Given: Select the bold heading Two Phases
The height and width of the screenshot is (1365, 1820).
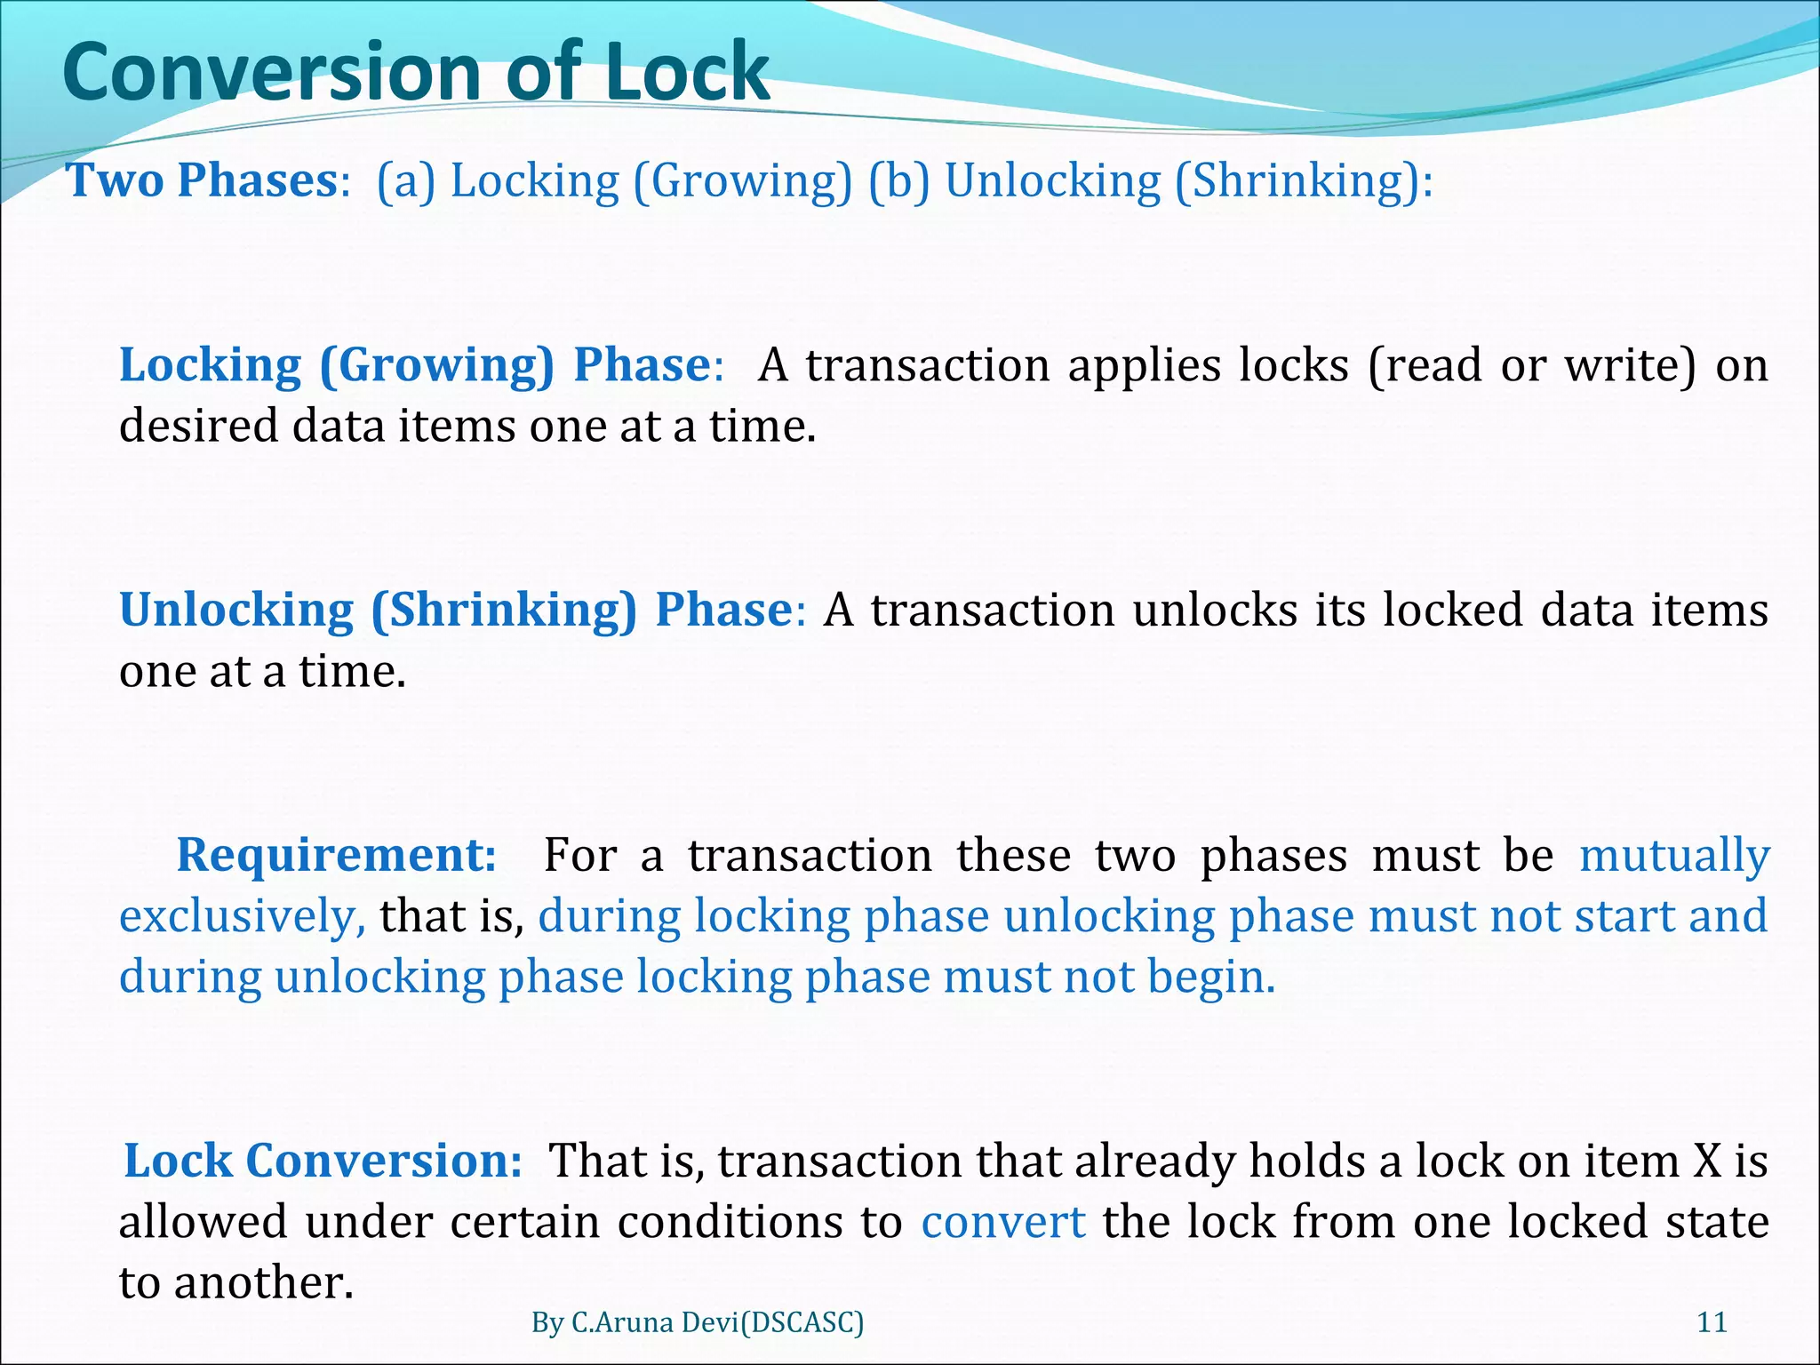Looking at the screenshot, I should click(x=203, y=180).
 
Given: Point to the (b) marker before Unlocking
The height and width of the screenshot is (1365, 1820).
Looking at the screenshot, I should click(x=898, y=181).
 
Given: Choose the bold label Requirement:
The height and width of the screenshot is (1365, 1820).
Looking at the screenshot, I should click(x=337, y=856).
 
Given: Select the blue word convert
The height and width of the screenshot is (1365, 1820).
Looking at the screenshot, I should click(x=1002, y=1223).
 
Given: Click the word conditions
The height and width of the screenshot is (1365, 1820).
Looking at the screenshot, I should click(x=730, y=1223).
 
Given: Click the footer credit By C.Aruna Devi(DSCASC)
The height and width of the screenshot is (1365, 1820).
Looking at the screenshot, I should click(x=698, y=1323).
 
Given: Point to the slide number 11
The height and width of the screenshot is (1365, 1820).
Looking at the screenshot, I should click(x=1712, y=1323).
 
